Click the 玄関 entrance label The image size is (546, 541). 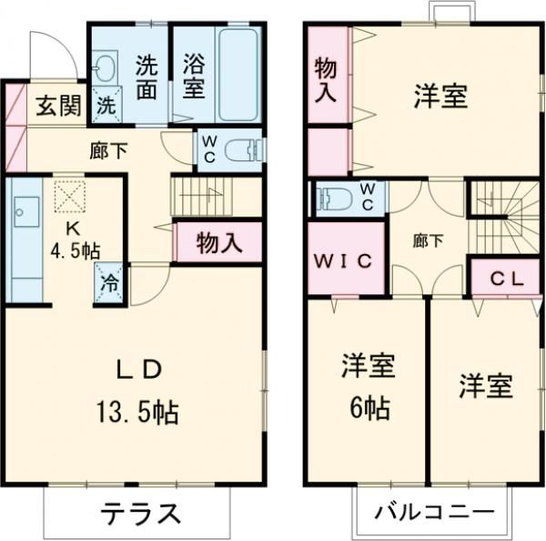pos(56,107)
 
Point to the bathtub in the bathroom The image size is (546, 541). pos(239,74)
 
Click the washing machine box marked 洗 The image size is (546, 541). pos(106,105)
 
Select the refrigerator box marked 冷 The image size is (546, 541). pos(108,281)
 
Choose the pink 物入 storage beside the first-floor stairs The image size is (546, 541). pos(218,243)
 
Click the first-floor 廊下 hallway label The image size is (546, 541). pos(107,151)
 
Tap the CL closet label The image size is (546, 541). pos(506,280)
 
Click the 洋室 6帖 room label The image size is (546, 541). pos(366,386)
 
